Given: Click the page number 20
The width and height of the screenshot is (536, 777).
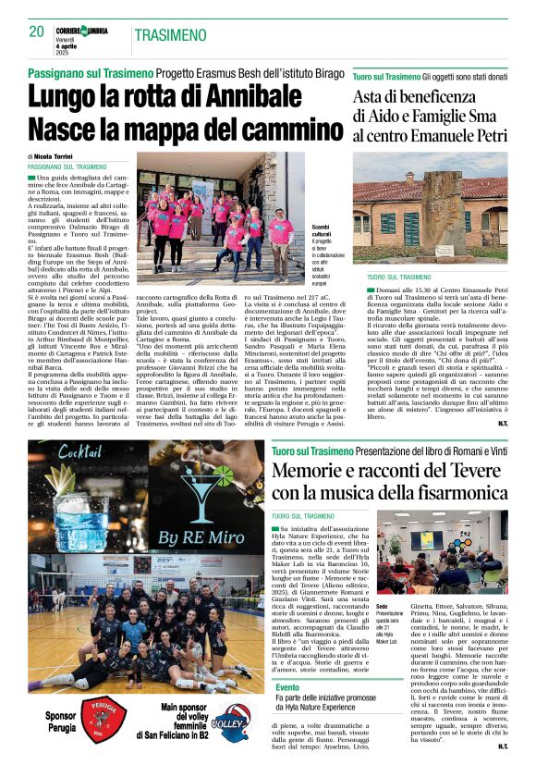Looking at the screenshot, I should click(36, 31).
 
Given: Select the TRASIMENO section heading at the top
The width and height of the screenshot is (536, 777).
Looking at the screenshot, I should click(170, 35).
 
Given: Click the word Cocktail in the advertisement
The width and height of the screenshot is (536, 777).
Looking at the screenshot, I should click(67, 450).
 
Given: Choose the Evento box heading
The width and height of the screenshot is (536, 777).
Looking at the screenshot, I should click(287, 687).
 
